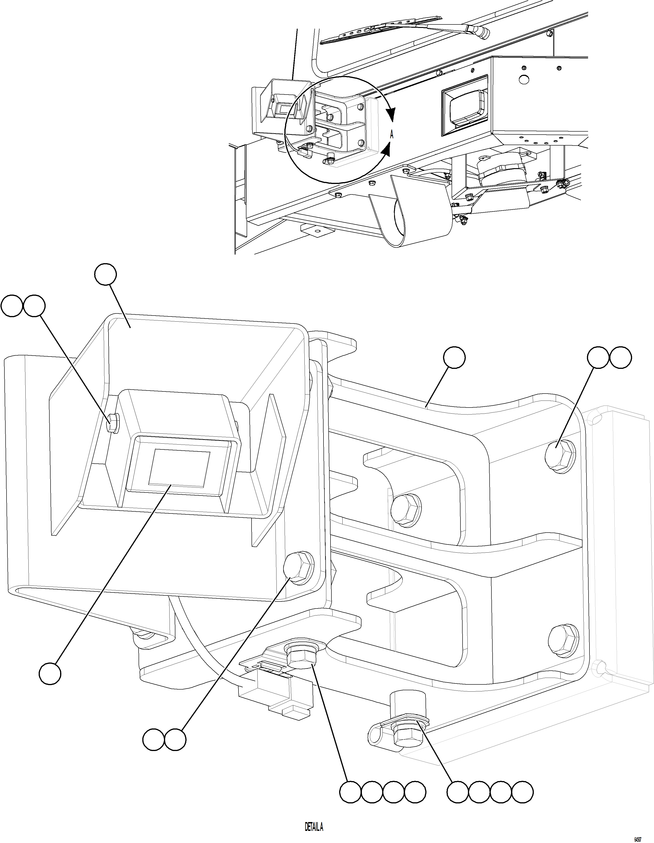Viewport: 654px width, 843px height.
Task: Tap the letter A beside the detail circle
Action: coord(392,134)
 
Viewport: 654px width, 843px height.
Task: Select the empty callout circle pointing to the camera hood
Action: coord(106,274)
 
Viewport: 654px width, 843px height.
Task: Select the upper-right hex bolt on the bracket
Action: coord(560,456)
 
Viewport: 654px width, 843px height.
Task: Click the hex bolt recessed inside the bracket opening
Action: coord(406,510)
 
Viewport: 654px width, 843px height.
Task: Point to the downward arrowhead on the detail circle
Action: coord(391,115)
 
